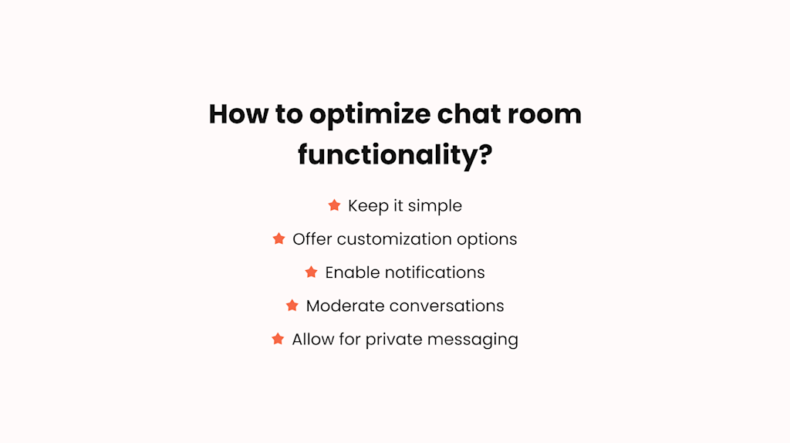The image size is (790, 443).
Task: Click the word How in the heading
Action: [x=235, y=114]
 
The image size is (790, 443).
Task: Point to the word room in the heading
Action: [x=547, y=114]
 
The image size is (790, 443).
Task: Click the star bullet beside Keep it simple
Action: [x=334, y=205]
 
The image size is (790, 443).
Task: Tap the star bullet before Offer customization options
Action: [x=279, y=239]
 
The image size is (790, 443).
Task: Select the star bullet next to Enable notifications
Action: [x=311, y=272]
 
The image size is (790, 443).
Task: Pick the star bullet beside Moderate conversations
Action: [x=292, y=306]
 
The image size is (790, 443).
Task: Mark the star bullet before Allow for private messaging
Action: [x=278, y=339]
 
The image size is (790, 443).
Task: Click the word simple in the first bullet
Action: [x=435, y=206]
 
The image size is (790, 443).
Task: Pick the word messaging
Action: [x=486, y=340]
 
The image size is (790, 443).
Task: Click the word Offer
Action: [x=311, y=239]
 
